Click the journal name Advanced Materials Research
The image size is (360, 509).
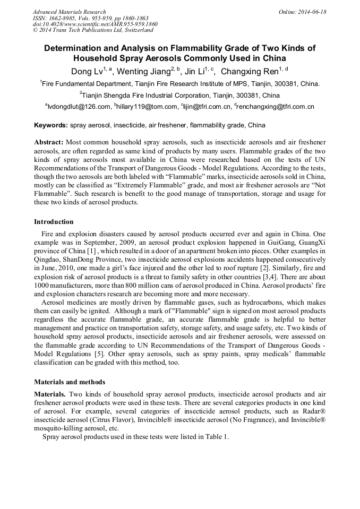click(x=69, y=12)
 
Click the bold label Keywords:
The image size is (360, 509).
click(x=51, y=126)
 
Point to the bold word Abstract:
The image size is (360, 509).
click(x=49, y=143)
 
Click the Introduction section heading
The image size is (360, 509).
click(x=54, y=221)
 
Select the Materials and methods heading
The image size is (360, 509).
click(x=70, y=382)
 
